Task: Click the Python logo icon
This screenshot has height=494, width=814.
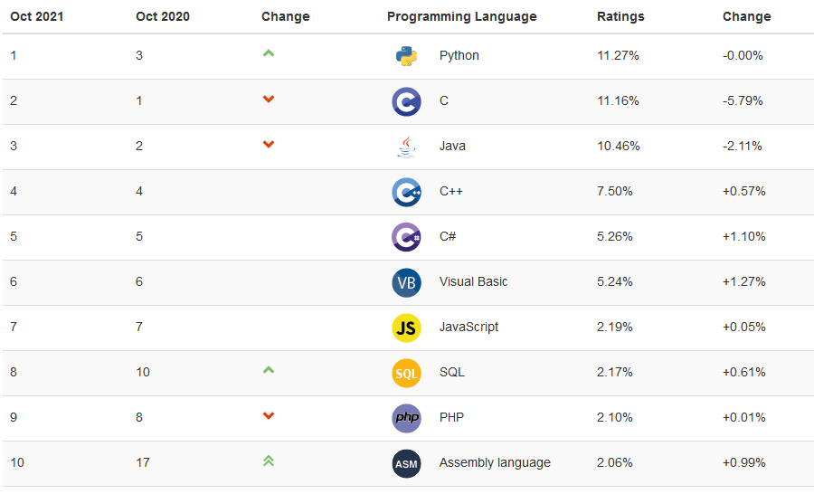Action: pyautogui.click(x=406, y=56)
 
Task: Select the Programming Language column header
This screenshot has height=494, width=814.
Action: pyautogui.click(x=461, y=16)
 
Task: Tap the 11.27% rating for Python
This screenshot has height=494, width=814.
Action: pyautogui.click(x=618, y=55)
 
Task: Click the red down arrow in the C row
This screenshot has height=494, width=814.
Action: pyautogui.click(x=269, y=99)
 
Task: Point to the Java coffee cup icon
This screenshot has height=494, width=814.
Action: pyautogui.click(x=406, y=147)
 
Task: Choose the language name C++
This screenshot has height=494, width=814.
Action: pyautogui.click(x=451, y=191)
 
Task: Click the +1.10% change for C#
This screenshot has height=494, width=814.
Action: pyautogui.click(x=743, y=236)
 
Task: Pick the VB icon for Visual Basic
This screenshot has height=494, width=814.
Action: pyautogui.click(x=406, y=282)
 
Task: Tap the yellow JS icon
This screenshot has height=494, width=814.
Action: pyautogui.click(x=406, y=328)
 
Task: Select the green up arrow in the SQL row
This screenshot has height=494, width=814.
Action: pyautogui.click(x=269, y=370)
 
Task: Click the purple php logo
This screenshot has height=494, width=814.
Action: pyautogui.click(x=406, y=418)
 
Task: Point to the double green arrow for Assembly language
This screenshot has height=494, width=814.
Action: pyautogui.click(x=269, y=461)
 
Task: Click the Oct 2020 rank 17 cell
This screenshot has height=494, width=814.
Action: pyautogui.click(x=143, y=462)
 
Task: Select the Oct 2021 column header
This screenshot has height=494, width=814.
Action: pyautogui.click(x=37, y=16)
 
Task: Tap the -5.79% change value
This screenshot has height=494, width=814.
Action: pyautogui.click(x=743, y=100)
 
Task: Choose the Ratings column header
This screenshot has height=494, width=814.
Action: pyautogui.click(x=620, y=16)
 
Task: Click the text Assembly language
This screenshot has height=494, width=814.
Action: pyautogui.click(x=495, y=462)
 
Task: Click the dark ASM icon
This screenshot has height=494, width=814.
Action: pyautogui.click(x=406, y=463)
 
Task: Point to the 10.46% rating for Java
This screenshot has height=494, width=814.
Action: pyautogui.click(x=618, y=146)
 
